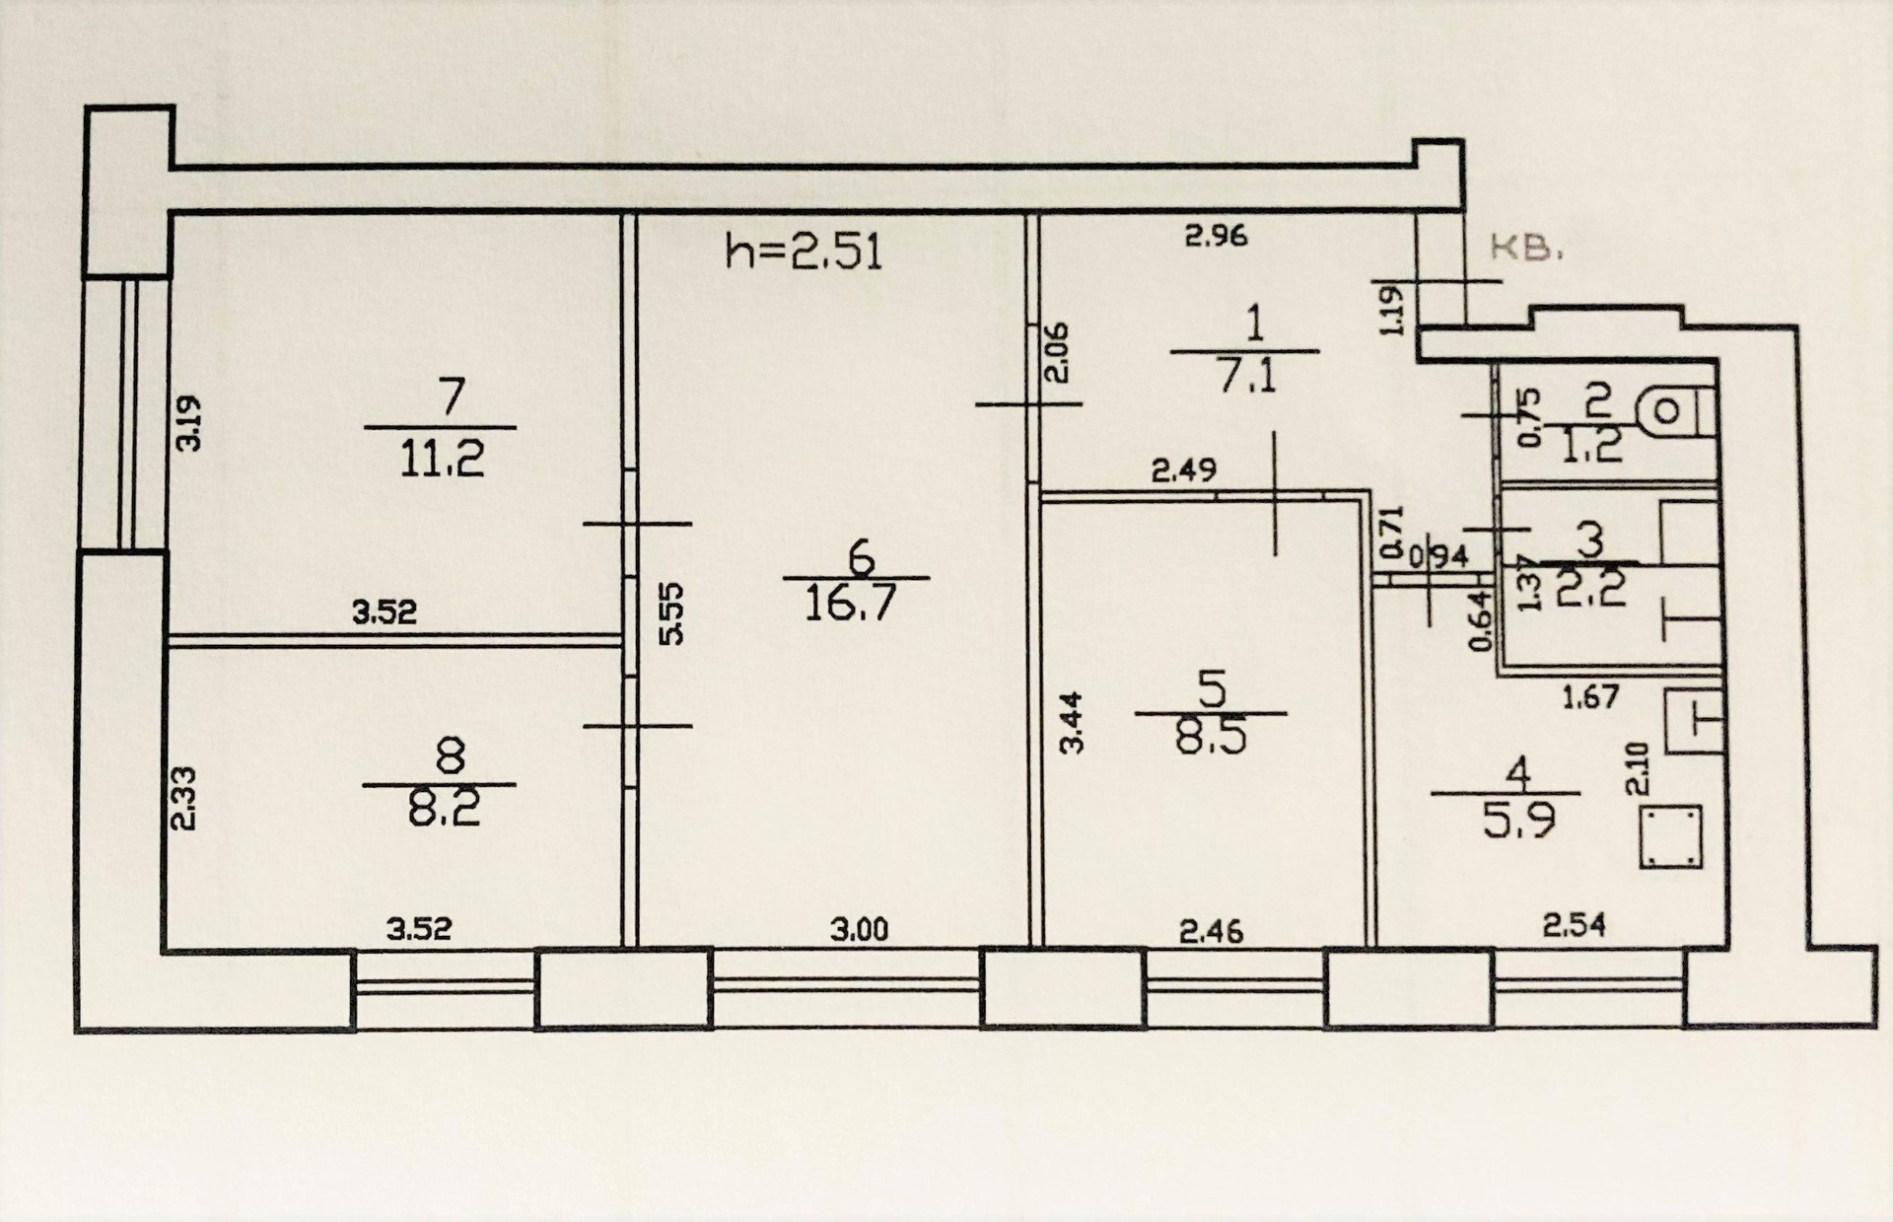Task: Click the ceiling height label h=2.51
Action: pos(804,252)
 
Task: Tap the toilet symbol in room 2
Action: pos(1676,410)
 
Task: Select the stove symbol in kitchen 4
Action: pos(1671,837)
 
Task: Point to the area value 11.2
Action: pos(442,459)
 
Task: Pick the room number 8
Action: pos(449,757)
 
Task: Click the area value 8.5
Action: pos(1211,736)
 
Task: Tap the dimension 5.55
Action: pos(670,613)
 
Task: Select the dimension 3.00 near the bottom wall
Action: pos(859,929)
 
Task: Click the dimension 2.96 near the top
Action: pos(1216,236)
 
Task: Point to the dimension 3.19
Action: pos(188,423)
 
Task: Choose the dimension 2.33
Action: pos(184,799)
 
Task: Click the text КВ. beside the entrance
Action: pos(1526,248)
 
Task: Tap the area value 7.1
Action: pos(1247,376)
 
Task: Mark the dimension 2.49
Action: pos(1184,469)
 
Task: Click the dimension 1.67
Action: pos(1590,697)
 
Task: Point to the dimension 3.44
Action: pos(1072,723)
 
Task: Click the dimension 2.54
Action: pos(1574,925)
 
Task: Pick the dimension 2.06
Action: pos(1056,353)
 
